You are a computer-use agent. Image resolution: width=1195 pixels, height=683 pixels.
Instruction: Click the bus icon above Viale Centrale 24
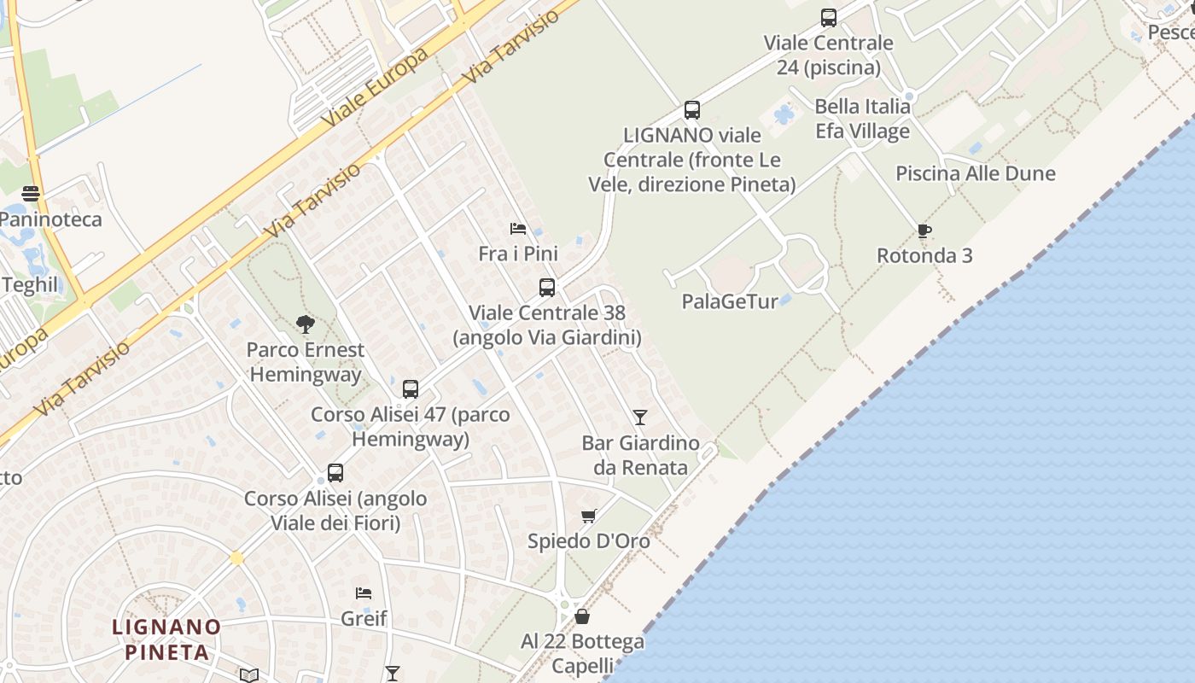click(828, 18)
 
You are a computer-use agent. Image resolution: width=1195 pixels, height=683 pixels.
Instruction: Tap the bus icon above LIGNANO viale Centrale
click(692, 110)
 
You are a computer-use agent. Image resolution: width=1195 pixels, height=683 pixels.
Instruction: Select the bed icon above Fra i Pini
click(517, 229)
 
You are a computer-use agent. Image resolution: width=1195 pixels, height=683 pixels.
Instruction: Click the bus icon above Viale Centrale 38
click(547, 288)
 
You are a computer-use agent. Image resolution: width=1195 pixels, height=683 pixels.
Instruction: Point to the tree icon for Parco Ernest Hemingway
click(305, 324)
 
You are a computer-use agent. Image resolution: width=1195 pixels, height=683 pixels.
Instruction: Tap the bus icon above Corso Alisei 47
click(411, 389)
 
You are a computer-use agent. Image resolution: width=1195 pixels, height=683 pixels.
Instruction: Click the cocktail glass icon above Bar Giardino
click(639, 417)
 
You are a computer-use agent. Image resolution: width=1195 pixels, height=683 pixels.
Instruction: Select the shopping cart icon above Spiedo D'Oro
click(588, 516)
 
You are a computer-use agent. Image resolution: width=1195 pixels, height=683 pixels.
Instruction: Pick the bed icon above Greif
click(364, 593)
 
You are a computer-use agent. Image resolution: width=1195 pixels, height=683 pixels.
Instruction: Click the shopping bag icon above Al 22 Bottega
click(582, 616)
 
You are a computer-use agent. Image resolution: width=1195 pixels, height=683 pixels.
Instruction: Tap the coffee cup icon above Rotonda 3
click(924, 231)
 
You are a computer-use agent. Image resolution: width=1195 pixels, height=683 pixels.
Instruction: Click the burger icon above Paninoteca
click(31, 194)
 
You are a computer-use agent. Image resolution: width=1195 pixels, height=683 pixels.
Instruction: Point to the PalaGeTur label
click(730, 301)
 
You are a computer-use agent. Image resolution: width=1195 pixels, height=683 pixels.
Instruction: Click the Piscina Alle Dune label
click(975, 174)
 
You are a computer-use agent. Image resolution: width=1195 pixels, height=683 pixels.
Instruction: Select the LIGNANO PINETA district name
click(167, 639)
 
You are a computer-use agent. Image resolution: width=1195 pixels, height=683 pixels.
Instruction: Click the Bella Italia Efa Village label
click(862, 120)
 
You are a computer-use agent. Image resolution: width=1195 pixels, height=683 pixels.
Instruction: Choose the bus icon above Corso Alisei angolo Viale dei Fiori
click(335, 473)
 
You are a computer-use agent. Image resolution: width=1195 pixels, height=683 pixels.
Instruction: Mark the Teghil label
click(30, 285)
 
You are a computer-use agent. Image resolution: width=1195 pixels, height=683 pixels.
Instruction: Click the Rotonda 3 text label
click(924, 255)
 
